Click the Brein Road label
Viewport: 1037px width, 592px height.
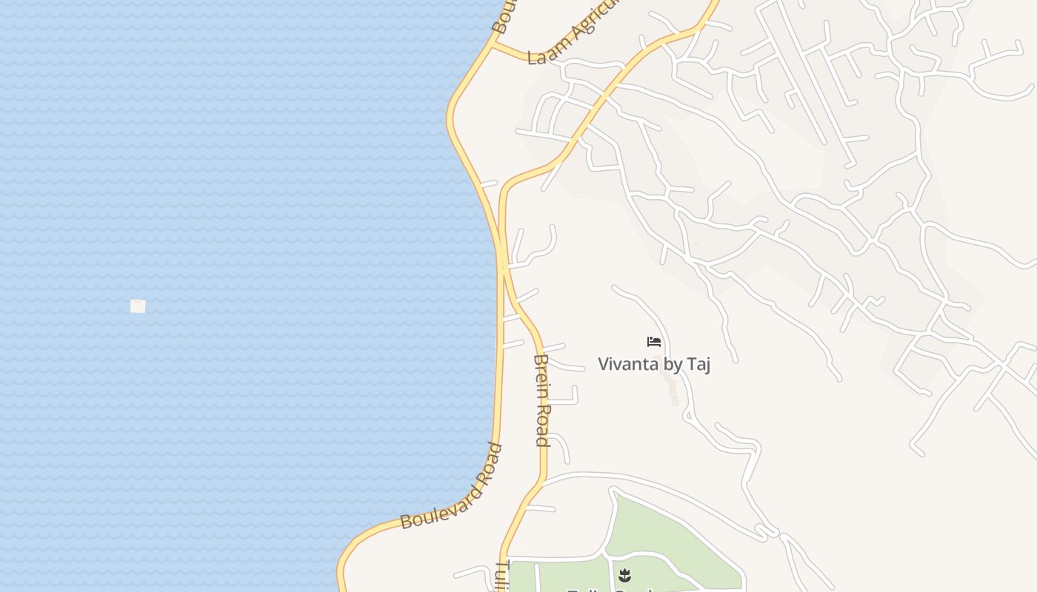541,400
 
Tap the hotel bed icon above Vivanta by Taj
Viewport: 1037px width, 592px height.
654,341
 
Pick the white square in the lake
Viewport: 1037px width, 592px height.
138,306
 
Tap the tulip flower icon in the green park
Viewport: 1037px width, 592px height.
625,574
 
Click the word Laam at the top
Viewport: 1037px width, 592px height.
541,56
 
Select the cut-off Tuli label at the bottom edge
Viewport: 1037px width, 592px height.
501,576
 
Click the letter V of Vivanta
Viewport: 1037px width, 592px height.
603,364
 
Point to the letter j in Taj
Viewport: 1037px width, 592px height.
707,365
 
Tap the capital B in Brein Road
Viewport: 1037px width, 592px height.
541,360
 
